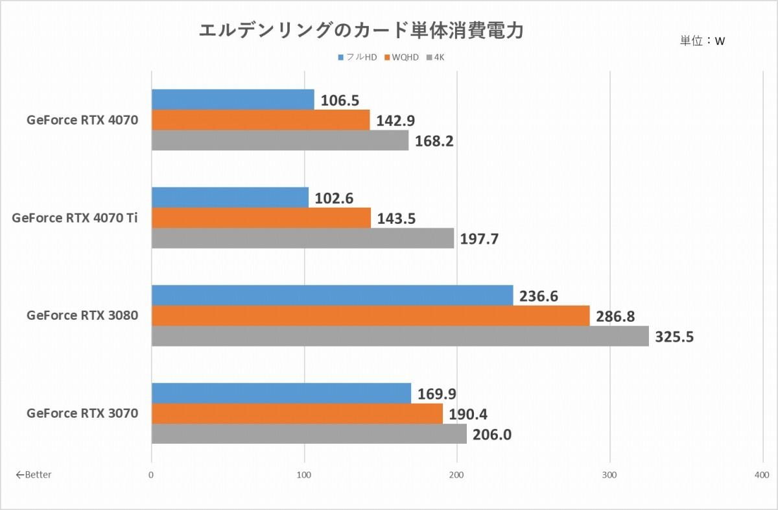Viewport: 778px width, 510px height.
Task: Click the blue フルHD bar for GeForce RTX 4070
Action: tap(233, 99)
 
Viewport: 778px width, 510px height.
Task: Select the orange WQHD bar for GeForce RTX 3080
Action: tap(371, 315)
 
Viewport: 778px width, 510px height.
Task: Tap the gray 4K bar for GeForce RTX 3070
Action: tap(309, 433)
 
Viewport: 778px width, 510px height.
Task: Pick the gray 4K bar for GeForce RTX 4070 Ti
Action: tap(303, 238)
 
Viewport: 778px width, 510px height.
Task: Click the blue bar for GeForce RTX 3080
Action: tap(333, 295)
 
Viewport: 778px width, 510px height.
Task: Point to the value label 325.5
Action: tap(674, 337)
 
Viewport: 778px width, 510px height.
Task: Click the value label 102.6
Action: tap(334, 199)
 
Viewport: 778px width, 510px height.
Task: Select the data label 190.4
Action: tap(468, 415)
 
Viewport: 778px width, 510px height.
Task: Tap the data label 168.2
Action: tap(434, 141)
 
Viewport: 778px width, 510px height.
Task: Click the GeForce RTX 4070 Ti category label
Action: tap(75, 218)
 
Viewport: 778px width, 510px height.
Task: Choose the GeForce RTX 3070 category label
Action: tap(82, 413)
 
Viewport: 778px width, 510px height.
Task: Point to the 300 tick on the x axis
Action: tap(609, 475)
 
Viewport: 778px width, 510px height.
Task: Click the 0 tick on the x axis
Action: tap(150, 475)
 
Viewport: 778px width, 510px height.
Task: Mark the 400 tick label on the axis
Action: tap(762, 475)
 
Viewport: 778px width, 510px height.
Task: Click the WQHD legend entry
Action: tap(401, 57)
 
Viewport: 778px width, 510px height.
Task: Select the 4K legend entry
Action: tap(435, 57)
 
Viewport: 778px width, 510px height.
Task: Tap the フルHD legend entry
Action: tap(357, 57)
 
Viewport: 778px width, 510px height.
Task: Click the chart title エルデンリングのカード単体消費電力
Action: tap(361, 30)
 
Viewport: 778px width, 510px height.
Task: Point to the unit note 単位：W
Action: tap(702, 41)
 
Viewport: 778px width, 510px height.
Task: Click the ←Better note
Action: tap(34, 474)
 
